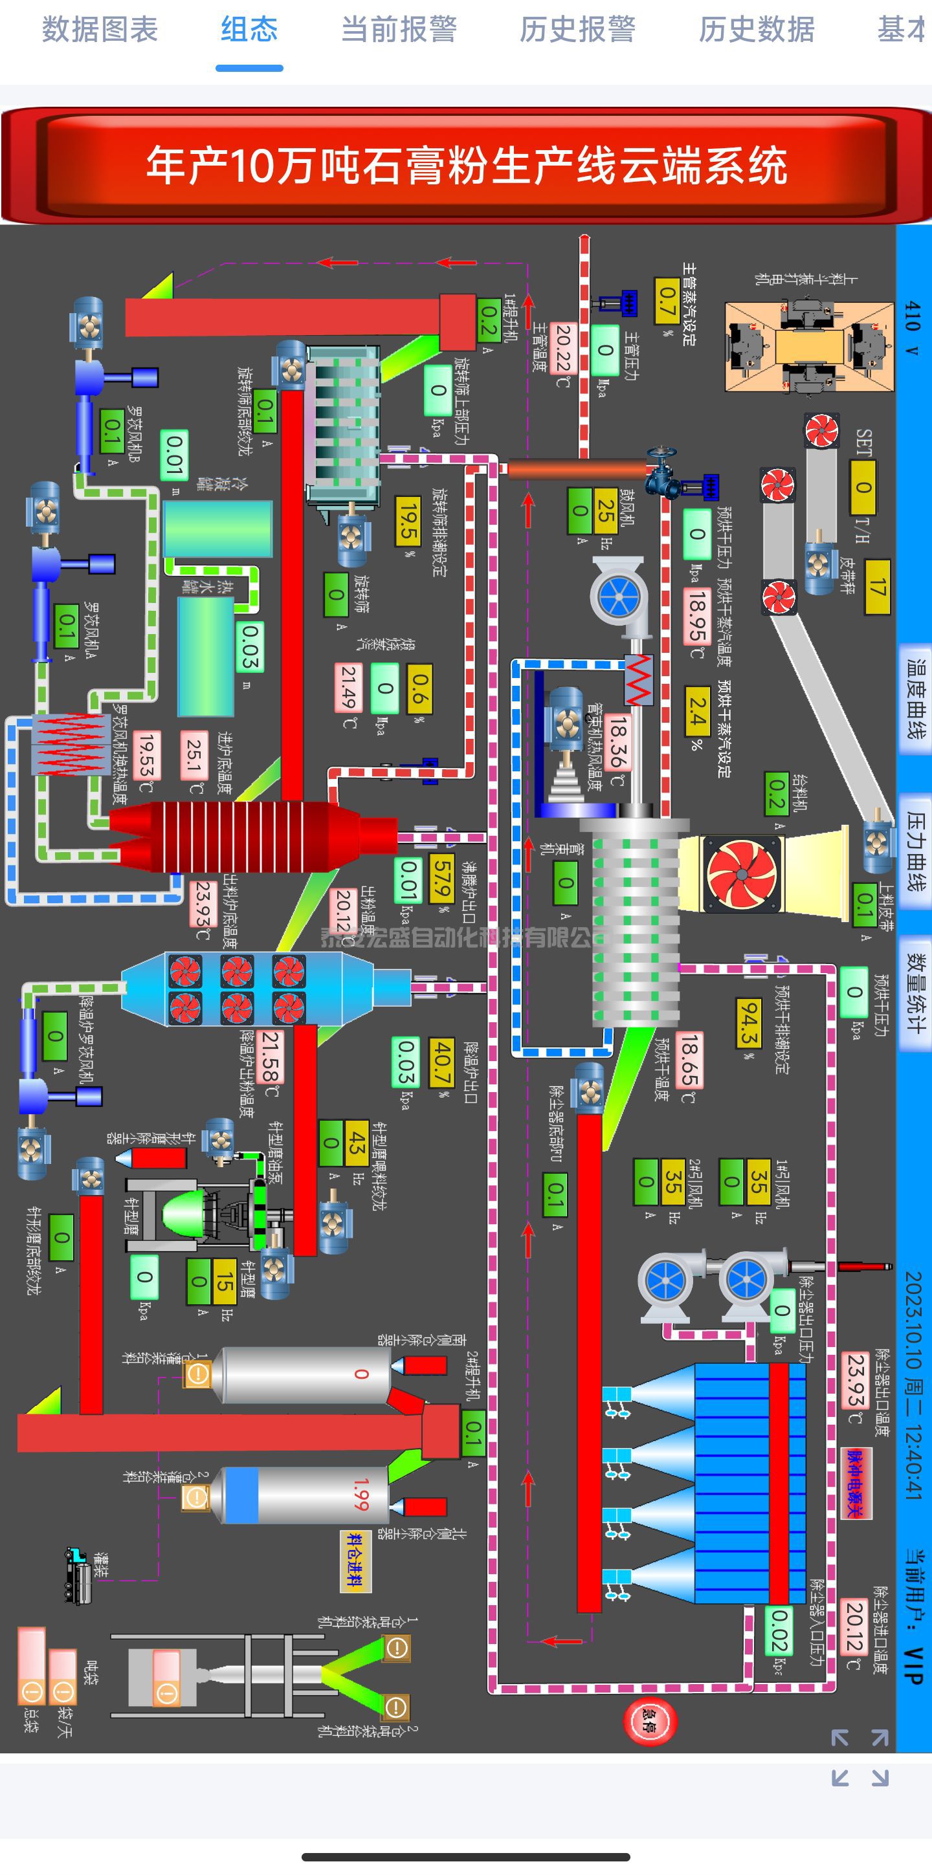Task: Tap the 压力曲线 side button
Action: [915, 851]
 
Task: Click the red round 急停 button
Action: [650, 1722]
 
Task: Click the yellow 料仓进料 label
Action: [357, 1561]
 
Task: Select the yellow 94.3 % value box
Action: [748, 1022]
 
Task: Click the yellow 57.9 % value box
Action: [441, 878]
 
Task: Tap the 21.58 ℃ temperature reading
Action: [270, 1055]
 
